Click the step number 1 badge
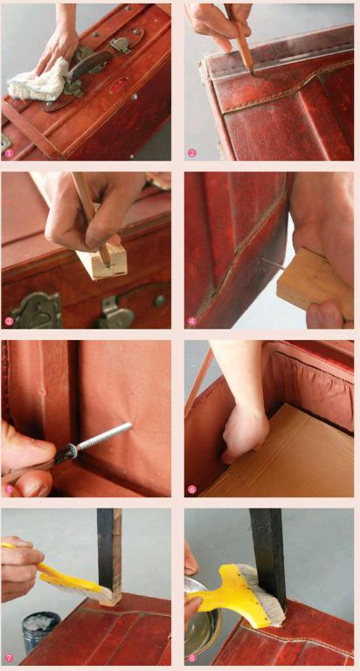click(8, 152)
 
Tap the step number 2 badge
click(190, 152)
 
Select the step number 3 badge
click(8, 321)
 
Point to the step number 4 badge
click(190, 321)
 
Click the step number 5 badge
click(8, 489)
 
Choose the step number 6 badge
click(190, 489)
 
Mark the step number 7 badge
click(8, 658)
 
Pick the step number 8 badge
click(190, 658)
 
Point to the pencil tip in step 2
click(252, 73)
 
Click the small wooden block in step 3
click(103, 261)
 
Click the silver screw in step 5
click(103, 438)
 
